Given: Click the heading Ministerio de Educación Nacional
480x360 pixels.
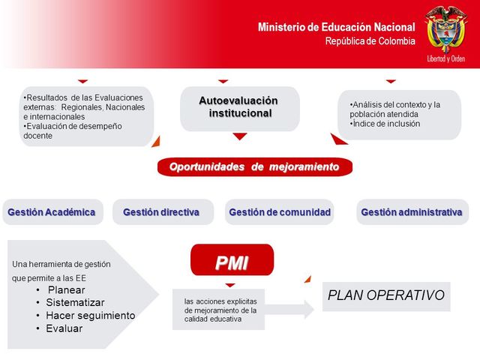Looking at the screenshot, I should coord(336,27).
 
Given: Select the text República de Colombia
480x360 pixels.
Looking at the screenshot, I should coord(370,41).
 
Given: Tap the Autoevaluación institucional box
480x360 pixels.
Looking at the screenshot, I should coord(239,107).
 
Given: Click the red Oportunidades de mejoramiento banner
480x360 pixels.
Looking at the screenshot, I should coord(254,166).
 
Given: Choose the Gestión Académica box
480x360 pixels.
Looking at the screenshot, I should coord(51,212).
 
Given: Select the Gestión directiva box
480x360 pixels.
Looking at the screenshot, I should coord(161,212).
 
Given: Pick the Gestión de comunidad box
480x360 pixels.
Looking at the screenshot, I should coord(280,212).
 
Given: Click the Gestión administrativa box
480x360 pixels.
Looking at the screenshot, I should coord(411,212).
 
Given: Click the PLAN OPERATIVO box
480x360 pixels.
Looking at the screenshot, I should coord(386,295).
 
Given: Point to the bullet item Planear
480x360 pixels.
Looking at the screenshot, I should coord(66,290).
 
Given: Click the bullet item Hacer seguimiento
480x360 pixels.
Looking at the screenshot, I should coord(90,316).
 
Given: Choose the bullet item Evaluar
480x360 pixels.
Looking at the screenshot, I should coord(64,328).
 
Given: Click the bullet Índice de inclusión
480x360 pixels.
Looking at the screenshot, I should coord(387,124).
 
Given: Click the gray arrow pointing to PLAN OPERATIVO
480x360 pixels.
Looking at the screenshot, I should coord(289,308).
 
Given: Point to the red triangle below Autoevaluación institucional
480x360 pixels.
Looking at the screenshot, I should coord(239,136).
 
